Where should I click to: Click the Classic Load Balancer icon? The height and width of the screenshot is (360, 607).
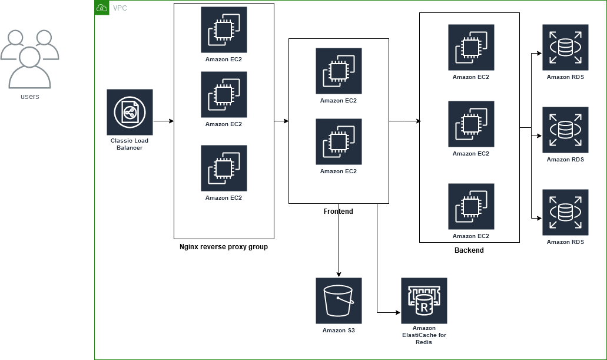[130, 112]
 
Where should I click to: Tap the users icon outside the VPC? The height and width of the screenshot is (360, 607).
[29, 59]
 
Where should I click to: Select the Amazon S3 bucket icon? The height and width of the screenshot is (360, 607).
[339, 300]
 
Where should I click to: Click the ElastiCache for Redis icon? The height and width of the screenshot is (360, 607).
[424, 300]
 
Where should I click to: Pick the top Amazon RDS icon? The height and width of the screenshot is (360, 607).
[565, 47]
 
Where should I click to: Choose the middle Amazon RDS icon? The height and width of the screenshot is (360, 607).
[565, 130]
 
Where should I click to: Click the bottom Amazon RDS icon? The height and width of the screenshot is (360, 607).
[565, 212]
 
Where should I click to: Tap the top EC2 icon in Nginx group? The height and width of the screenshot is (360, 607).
[224, 29]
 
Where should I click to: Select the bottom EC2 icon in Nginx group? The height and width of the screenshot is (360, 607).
[224, 168]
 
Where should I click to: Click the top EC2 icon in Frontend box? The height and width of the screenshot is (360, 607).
[339, 71]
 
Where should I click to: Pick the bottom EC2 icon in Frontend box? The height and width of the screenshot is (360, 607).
[339, 141]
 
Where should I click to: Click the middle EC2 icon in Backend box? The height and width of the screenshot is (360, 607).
[471, 124]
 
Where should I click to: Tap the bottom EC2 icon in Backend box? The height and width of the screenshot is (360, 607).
[471, 206]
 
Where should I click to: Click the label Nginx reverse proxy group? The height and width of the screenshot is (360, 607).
[224, 247]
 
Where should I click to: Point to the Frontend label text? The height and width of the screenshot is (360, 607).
[339, 211]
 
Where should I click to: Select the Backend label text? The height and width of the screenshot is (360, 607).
[469, 250]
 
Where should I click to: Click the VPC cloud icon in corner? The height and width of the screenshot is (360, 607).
[102, 8]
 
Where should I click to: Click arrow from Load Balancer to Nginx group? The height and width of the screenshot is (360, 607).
[164, 121]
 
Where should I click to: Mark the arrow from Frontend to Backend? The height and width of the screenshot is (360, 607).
[404, 121]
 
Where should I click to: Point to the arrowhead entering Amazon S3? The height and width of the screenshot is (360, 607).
[339, 275]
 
